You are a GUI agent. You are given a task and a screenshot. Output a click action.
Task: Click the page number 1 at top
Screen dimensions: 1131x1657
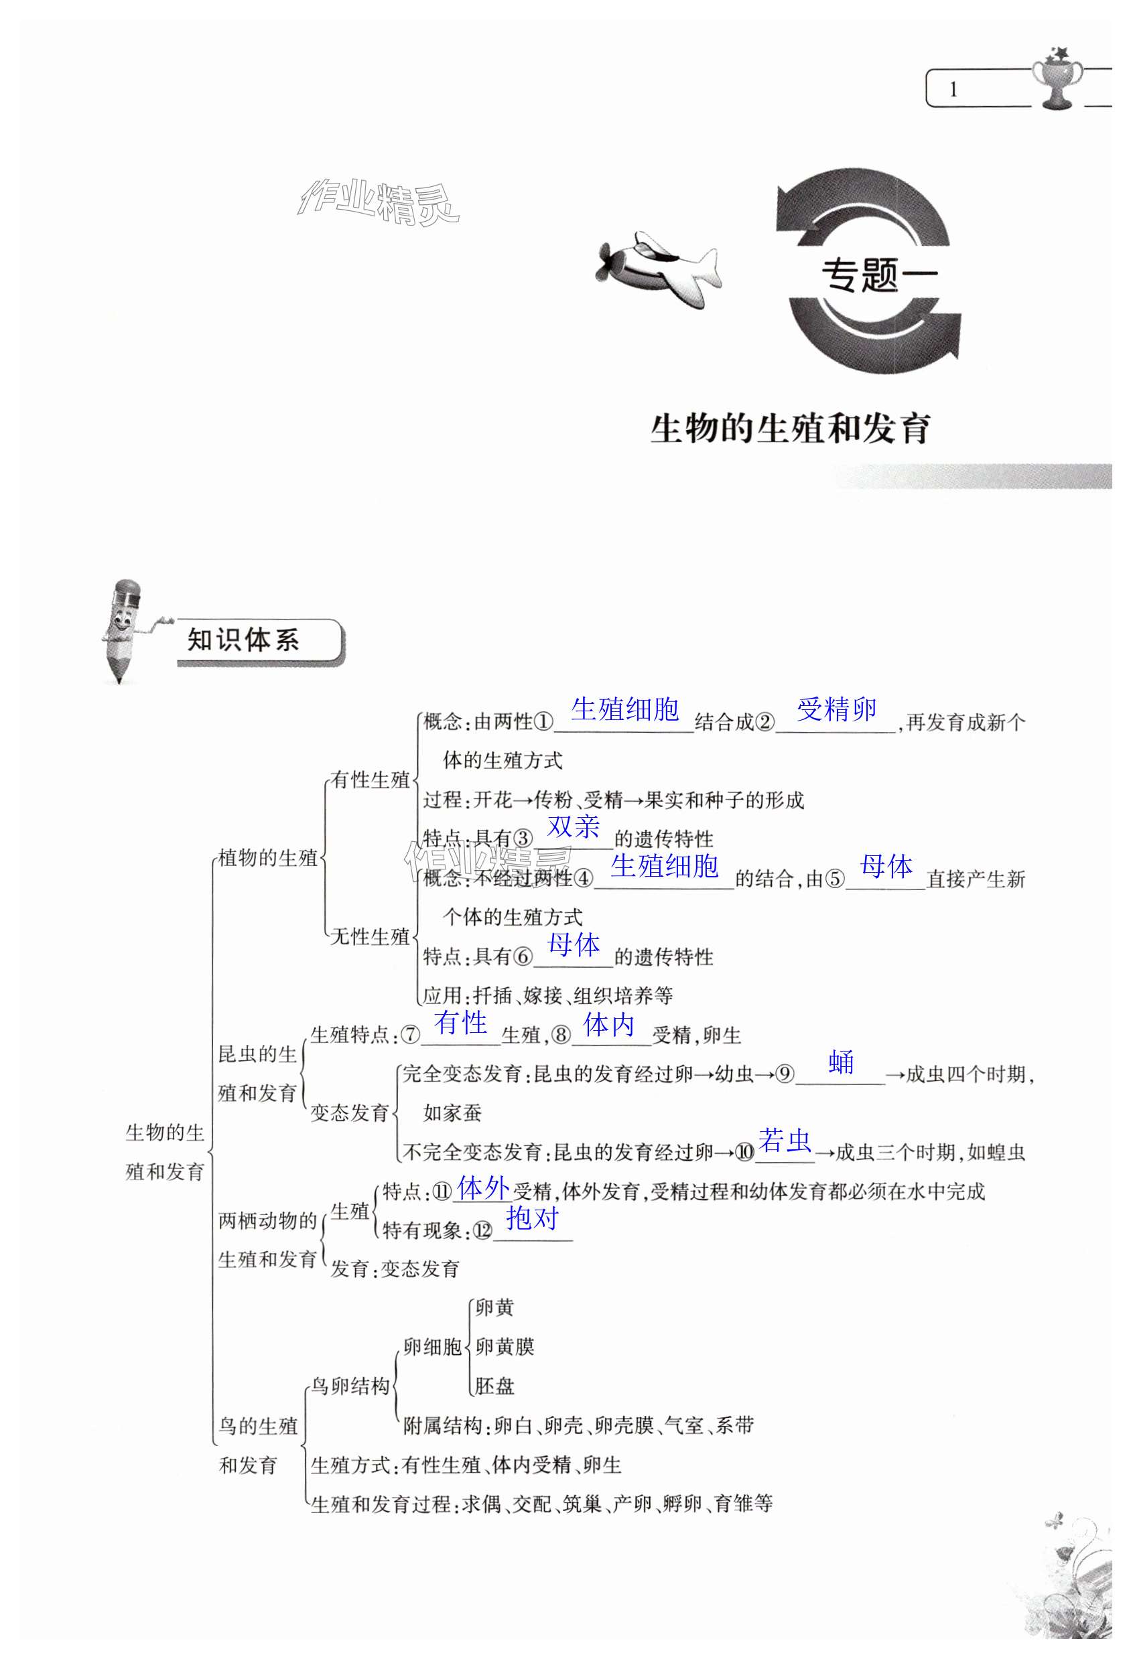(953, 90)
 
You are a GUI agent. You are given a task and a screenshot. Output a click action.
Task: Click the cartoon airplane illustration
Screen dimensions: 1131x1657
(657, 268)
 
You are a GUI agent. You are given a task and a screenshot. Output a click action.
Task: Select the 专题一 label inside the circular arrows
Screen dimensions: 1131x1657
(878, 275)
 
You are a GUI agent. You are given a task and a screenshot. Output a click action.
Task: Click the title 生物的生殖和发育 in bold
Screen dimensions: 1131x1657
(790, 429)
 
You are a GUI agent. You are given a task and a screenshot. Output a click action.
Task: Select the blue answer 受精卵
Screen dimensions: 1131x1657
(836, 709)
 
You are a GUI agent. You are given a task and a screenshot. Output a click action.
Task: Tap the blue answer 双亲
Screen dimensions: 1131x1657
(574, 826)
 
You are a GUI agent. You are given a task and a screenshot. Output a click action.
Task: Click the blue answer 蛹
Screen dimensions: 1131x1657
(842, 1062)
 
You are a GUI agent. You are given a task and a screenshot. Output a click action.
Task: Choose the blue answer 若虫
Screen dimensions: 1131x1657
(785, 1141)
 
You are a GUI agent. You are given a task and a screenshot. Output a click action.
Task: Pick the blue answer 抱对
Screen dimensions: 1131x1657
(532, 1218)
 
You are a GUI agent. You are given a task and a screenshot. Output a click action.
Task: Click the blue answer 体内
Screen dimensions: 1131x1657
(608, 1025)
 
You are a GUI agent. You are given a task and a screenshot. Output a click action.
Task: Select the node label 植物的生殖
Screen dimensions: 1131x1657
(267, 858)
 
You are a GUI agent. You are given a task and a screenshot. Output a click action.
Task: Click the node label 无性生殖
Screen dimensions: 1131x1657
(370, 937)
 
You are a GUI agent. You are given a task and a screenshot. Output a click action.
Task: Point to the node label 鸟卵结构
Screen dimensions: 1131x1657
(350, 1386)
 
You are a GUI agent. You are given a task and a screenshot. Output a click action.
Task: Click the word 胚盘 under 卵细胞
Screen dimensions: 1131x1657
(494, 1386)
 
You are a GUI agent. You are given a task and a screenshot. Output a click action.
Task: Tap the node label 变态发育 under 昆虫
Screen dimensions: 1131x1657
(350, 1113)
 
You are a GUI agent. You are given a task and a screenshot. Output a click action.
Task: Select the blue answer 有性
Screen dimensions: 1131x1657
(461, 1023)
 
